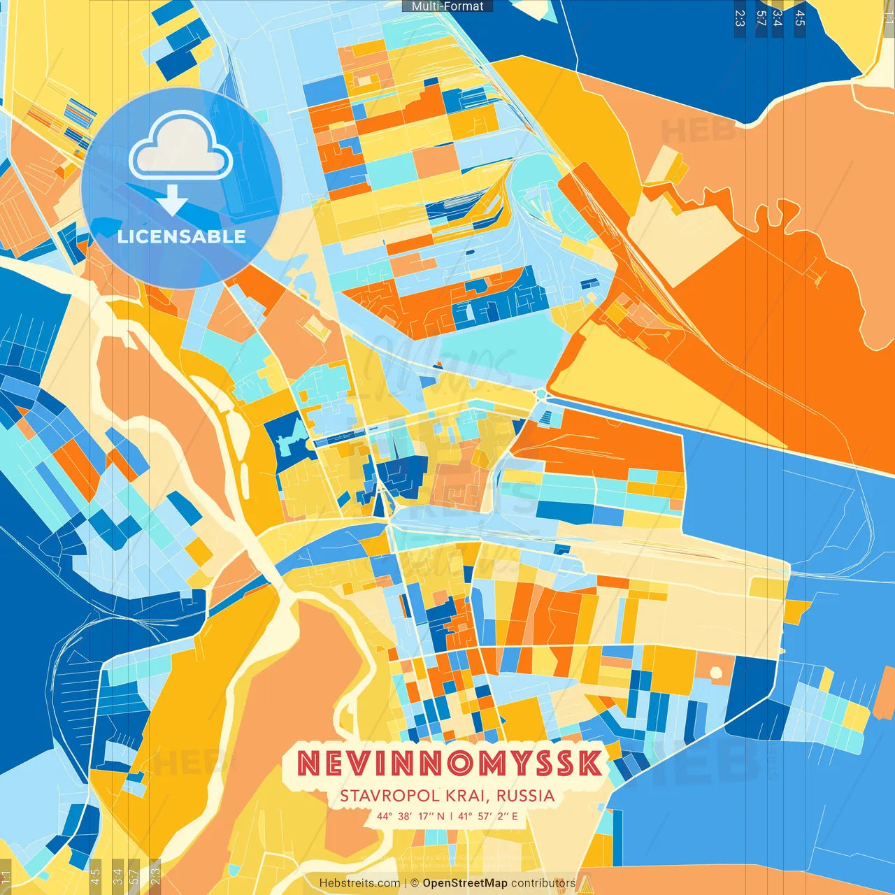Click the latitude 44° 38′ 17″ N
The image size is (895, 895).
pyautogui.click(x=410, y=816)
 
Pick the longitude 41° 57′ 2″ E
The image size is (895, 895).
pyautogui.click(x=488, y=816)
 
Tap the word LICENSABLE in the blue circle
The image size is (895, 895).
pyautogui.click(x=181, y=236)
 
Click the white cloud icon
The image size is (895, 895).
pyautogui.click(x=180, y=148)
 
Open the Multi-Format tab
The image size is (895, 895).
pyautogui.click(x=447, y=6)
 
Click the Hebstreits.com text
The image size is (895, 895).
pyautogui.click(x=359, y=883)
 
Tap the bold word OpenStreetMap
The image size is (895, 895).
pyautogui.click(x=465, y=883)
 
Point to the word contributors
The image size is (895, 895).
pyautogui.click(x=543, y=883)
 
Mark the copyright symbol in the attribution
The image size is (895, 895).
pyautogui.click(x=414, y=883)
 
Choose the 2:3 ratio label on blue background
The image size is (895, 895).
pyautogui.click(x=740, y=18)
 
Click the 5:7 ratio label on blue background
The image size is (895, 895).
pyautogui.click(x=761, y=18)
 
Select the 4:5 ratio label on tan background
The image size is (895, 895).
pyautogui.click(x=96, y=874)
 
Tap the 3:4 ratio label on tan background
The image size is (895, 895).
pyautogui.click(x=117, y=874)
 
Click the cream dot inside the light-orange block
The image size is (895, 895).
pyautogui.click(x=715, y=673)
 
